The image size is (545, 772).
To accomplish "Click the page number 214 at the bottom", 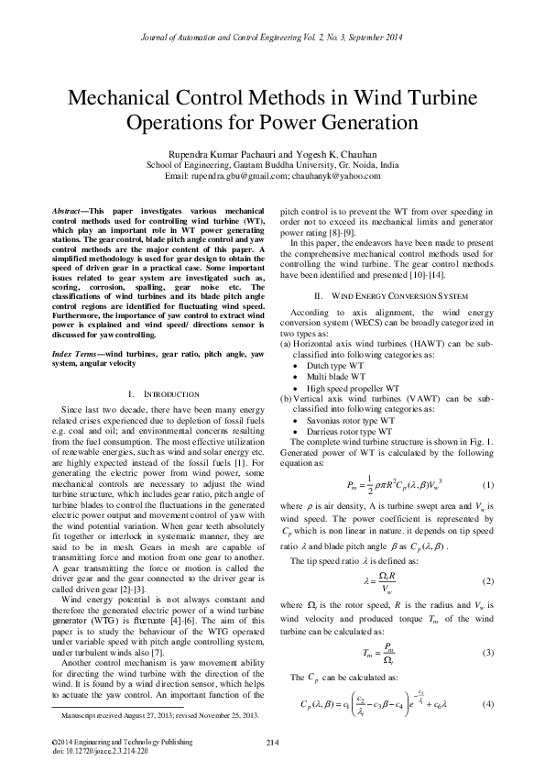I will (272, 742).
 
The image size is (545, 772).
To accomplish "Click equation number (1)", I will (488, 485).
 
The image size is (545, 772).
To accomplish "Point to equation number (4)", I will (488, 703).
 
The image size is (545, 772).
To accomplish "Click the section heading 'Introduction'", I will (155, 367).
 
